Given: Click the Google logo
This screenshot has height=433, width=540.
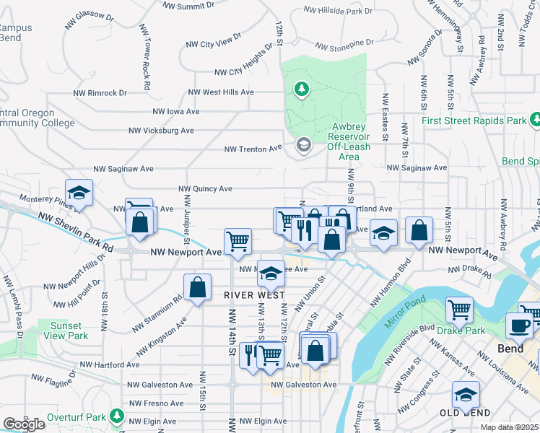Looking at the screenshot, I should click(24, 424).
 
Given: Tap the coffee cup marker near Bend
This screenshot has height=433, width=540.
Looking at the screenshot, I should click(519, 325).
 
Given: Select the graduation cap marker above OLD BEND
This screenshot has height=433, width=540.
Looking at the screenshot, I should click(466, 395).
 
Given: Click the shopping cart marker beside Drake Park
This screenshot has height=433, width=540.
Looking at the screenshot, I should click(459, 310).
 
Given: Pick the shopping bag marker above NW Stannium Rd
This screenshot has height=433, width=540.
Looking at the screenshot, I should click(197, 287).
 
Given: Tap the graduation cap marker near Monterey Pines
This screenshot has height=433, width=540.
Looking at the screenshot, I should click(79, 192).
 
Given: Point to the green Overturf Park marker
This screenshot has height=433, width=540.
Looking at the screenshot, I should click(116, 417).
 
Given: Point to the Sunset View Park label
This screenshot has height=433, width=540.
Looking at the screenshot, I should click(69, 331).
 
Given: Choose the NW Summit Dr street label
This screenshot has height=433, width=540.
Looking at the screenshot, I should click(188, 6).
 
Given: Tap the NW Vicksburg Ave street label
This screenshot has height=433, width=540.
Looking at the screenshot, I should click(161, 131).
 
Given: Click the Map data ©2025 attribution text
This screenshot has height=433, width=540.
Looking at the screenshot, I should click(510, 427).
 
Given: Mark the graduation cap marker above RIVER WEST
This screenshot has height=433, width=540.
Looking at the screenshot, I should click(271, 274).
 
